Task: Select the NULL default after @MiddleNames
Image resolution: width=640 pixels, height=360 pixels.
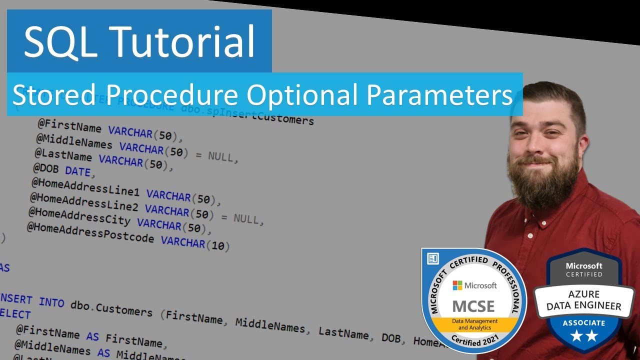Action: tap(220, 156)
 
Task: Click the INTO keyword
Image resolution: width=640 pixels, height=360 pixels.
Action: tap(51, 302)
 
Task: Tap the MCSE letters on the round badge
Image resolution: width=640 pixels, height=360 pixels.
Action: tap(473, 305)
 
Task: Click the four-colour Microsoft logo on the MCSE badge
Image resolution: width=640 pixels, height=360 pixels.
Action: tap(457, 285)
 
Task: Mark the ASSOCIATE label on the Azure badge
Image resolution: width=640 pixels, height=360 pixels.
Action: tap(584, 322)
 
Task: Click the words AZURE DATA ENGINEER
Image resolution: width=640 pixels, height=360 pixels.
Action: tap(584, 300)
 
